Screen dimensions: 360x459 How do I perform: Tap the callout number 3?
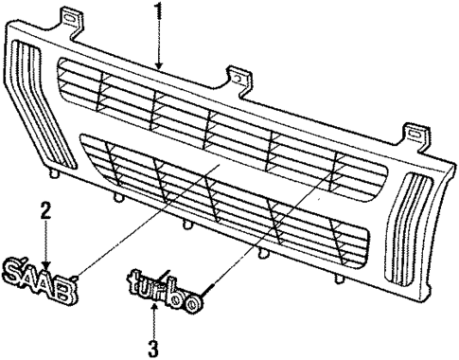154,347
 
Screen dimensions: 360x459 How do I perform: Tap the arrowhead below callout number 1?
159,63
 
